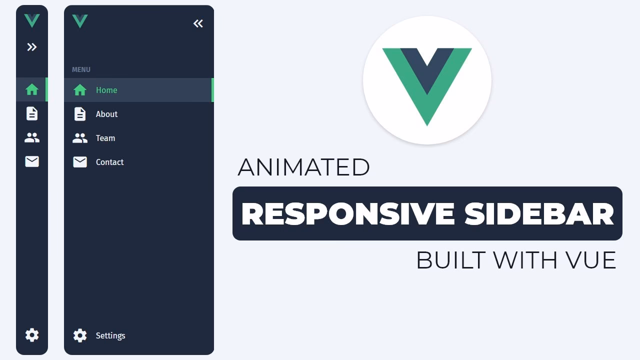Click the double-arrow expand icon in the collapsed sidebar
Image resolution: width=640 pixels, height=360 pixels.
(x=32, y=47)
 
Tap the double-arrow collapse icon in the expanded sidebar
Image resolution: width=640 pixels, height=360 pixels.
(x=198, y=23)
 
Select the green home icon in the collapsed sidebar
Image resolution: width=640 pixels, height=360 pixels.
(x=32, y=89)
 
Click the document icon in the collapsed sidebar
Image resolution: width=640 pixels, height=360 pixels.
(x=32, y=113)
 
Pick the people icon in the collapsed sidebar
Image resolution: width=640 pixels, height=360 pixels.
(x=32, y=137)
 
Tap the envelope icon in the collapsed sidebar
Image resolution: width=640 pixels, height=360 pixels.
(x=32, y=161)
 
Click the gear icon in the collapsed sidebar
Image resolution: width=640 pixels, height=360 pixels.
(x=32, y=335)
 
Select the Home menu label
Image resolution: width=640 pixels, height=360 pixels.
(x=106, y=90)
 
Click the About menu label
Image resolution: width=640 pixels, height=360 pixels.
(x=106, y=114)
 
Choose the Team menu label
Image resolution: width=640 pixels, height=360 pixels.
(x=105, y=138)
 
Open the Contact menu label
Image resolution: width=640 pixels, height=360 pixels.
(x=109, y=162)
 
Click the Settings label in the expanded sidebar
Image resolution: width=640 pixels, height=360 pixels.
(x=110, y=335)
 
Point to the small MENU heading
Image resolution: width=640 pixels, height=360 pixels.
(x=81, y=69)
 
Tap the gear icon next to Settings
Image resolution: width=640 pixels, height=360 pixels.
(x=80, y=335)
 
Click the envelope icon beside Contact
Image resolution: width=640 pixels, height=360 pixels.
(x=80, y=162)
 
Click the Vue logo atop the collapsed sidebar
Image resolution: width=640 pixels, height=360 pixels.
(x=32, y=20)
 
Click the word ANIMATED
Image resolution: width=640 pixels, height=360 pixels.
(x=303, y=167)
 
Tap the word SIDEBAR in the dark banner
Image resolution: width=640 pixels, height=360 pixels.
(x=539, y=214)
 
